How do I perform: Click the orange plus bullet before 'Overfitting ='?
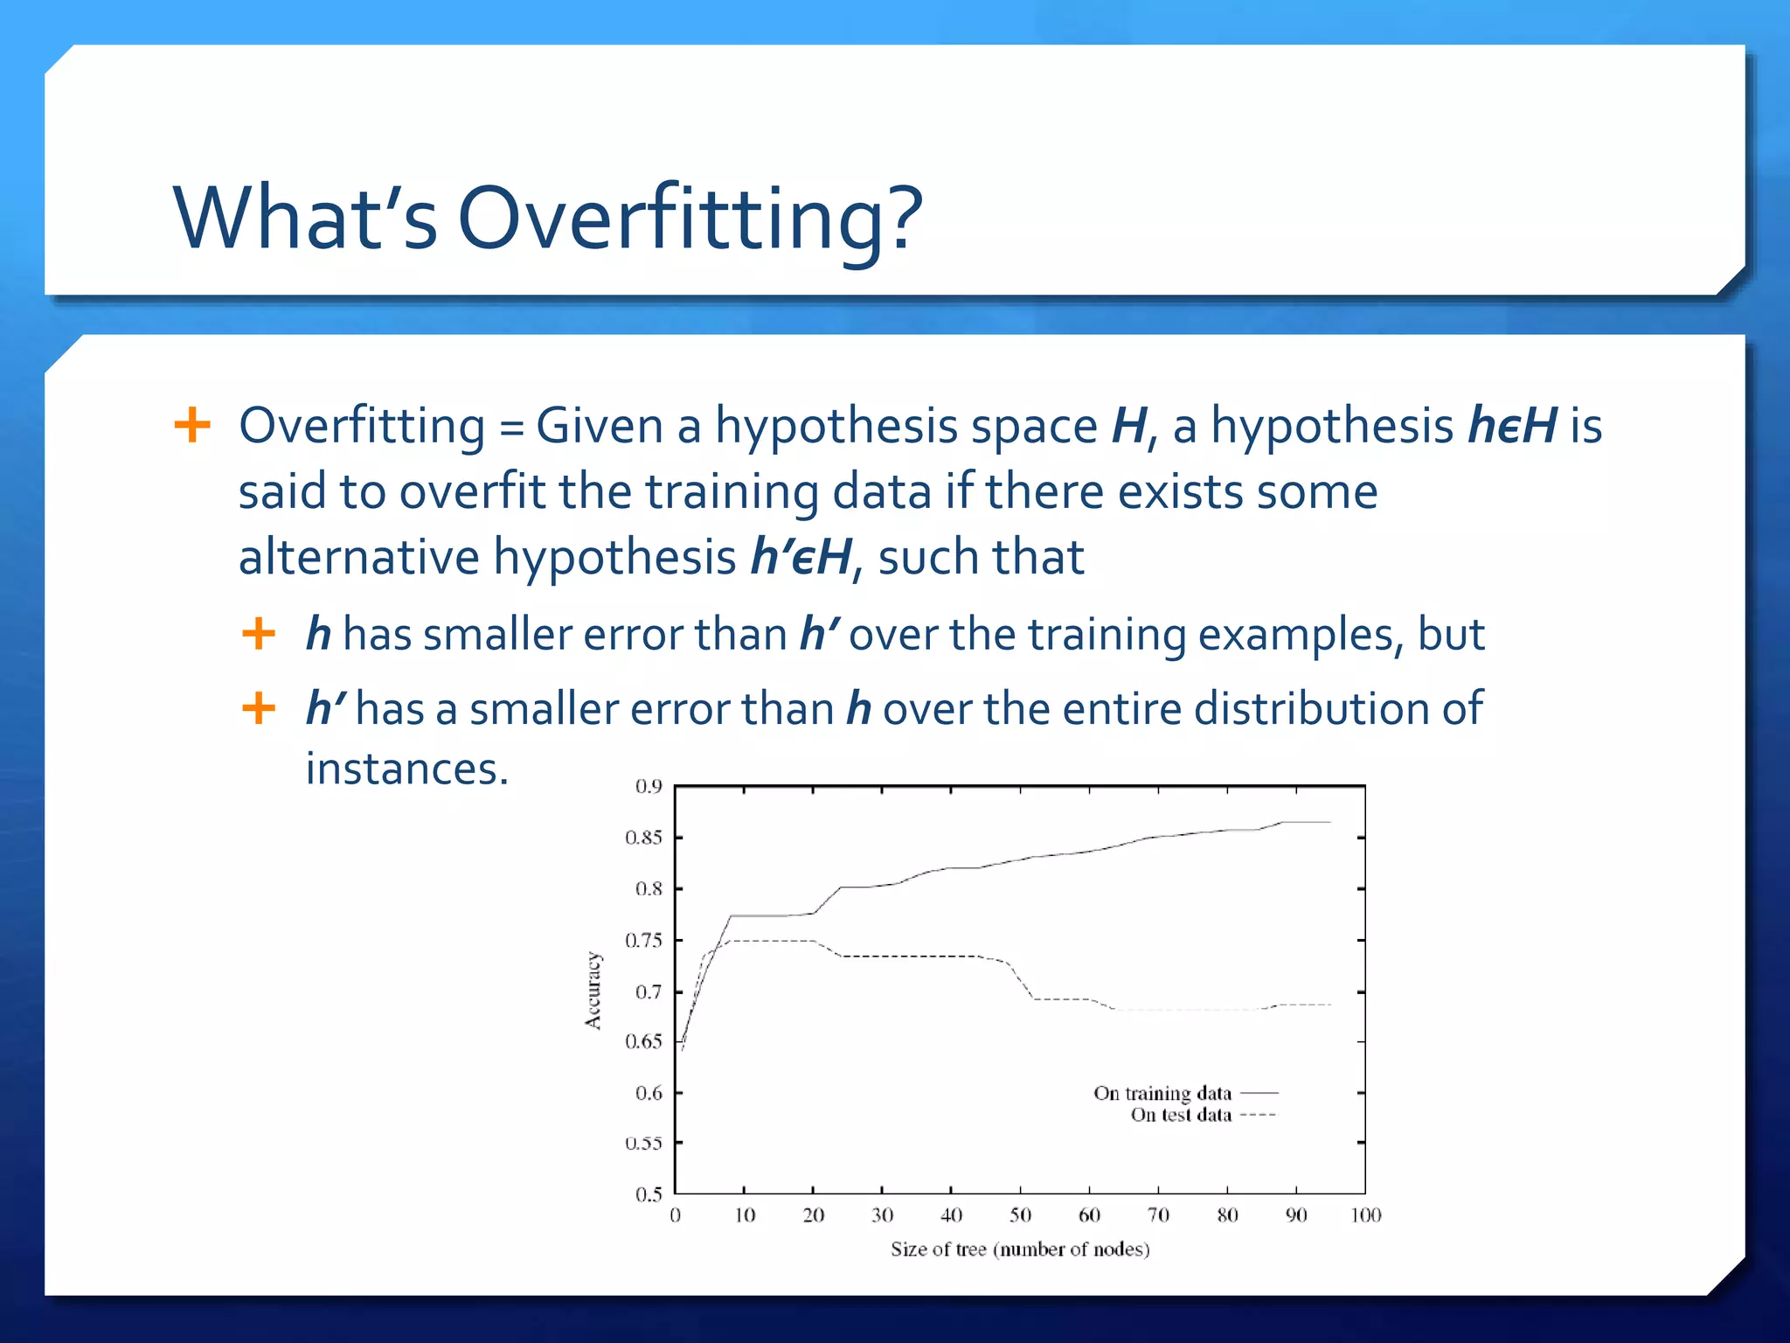192,426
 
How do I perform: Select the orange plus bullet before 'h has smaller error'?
259,633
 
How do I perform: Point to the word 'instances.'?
406,769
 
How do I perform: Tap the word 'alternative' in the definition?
358,557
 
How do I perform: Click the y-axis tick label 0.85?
643,838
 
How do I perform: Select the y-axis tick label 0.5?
649,1194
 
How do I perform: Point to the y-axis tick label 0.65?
643,1041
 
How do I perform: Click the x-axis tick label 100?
1365,1215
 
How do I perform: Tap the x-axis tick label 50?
1020,1215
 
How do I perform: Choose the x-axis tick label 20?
813,1215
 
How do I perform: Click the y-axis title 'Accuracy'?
593,991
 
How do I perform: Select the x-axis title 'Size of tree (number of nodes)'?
1020,1249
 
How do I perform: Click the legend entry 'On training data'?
1162,1093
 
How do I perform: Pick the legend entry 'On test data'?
1180,1115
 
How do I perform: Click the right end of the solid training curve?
1330,822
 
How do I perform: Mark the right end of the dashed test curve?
1330,1005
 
